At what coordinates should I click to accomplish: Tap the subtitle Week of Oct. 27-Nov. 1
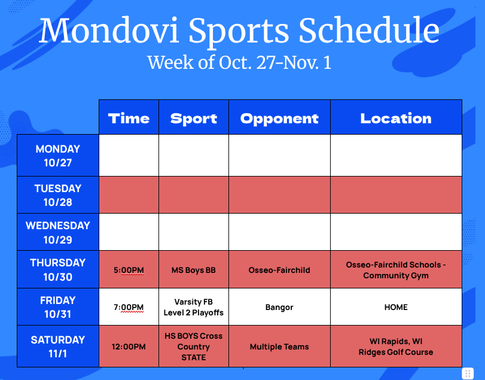pos(239,62)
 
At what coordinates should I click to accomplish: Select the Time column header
pos(129,118)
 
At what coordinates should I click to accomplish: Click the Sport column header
pos(194,118)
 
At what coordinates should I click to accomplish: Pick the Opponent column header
pos(279,118)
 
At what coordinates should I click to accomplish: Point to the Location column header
pos(396,118)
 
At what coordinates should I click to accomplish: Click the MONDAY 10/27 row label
pos(58,156)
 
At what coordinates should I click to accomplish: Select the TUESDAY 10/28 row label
pos(58,195)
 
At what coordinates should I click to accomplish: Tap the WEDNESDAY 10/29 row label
pos(58,232)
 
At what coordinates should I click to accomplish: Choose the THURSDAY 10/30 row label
pos(58,269)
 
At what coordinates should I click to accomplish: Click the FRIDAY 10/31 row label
pos(58,307)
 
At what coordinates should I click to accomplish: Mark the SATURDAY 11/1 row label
pos(58,346)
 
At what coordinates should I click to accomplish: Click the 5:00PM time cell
pos(129,270)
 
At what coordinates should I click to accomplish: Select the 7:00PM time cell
pos(129,307)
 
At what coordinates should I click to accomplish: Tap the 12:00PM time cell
pos(129,346)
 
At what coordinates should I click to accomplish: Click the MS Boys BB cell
pos(194,270)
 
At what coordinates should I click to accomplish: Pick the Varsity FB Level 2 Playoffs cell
pos(194,307)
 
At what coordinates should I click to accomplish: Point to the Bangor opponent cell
pos(279,307)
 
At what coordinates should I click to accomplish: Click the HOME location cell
pos(396,307)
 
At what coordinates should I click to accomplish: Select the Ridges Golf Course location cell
pos(396,347)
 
